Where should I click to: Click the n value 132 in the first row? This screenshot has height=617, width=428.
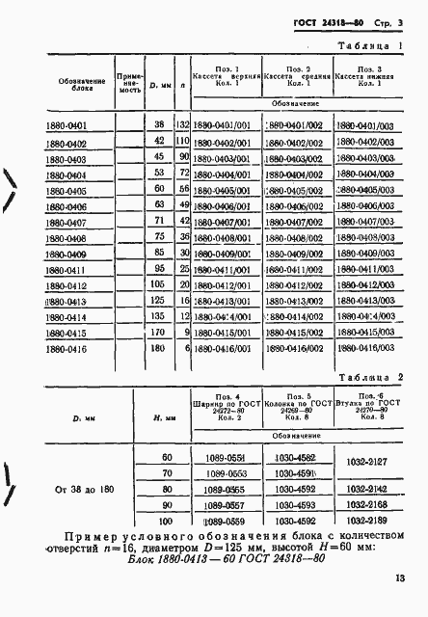[x=180, y=126]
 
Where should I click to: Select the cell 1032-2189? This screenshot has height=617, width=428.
[x=366, y=518]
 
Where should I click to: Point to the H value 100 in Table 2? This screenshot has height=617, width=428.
[x=167, y=518]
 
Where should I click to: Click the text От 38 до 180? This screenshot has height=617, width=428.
[x=79, y=487]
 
